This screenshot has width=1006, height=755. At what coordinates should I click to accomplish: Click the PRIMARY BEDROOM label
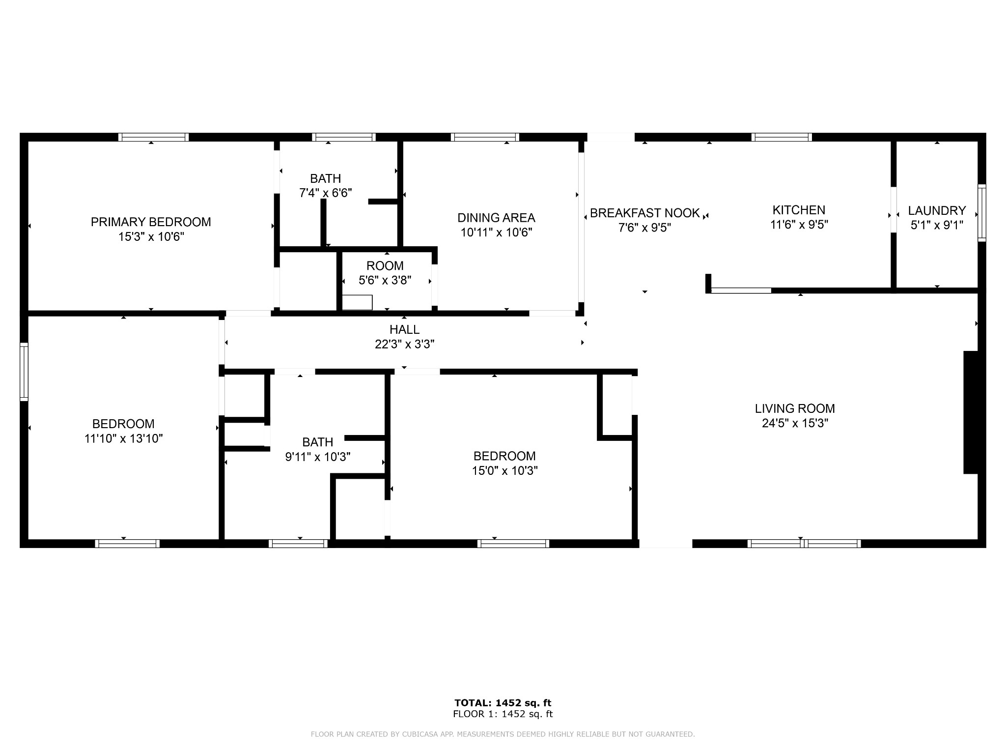151,222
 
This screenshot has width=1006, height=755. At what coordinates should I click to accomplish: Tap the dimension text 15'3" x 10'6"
151,237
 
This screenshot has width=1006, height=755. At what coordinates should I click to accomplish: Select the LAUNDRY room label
937,211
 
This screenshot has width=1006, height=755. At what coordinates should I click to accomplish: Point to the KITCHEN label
799,210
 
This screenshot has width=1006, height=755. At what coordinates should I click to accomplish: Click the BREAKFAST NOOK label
644,213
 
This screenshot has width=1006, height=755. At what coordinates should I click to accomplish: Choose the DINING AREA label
496,218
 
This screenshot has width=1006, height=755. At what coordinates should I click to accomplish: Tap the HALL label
404,330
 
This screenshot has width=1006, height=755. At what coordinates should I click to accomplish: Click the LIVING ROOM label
795,408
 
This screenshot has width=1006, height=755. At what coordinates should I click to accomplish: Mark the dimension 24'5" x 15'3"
795,423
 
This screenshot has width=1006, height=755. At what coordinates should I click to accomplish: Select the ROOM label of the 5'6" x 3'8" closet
385,266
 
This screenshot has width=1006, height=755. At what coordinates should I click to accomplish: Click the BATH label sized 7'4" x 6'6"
325,178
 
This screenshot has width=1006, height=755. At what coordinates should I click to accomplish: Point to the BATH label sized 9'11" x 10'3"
317,442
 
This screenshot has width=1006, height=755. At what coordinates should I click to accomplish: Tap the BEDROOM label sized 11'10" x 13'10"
123,424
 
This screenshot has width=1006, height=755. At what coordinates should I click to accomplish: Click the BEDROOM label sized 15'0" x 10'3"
504,456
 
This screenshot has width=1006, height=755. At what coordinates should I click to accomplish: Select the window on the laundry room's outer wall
981,213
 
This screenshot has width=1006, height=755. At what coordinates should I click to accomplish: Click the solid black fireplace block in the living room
971,412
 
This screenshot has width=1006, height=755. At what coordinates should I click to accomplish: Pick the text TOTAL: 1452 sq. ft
503,703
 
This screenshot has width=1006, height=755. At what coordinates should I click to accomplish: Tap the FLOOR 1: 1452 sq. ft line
503,714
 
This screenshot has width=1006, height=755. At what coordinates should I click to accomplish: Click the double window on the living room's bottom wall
804,543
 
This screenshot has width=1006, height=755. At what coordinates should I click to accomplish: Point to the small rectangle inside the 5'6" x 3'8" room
357,302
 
